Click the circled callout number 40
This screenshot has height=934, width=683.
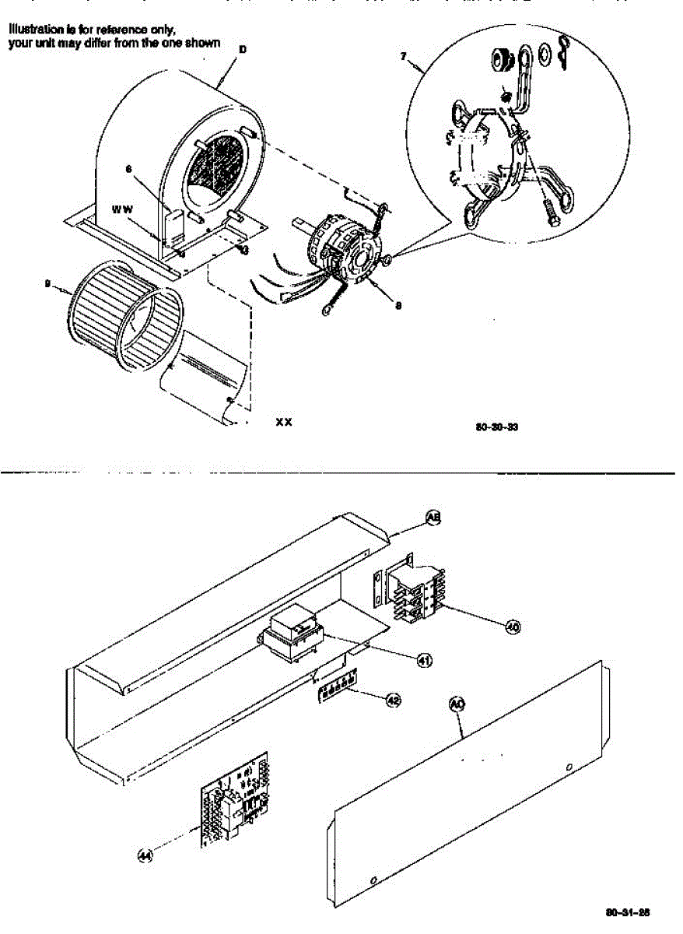(x=513, y=625)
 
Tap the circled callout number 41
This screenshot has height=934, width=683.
(x=425, y=660)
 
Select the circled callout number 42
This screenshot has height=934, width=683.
(x=394, y=700)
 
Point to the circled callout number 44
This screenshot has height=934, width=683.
(x=144, y=855)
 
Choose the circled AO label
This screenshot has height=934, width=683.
(x=457, y=704)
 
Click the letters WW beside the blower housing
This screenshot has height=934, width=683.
(x=122, y=209)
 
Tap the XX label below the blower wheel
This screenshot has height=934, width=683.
(x=284, y=422)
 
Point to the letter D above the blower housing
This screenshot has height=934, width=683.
(x=242, y=49)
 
